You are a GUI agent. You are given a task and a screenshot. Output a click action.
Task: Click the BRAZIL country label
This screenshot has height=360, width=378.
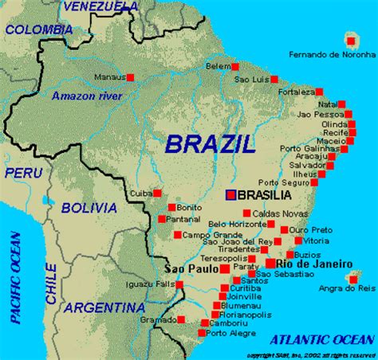coord(211,143)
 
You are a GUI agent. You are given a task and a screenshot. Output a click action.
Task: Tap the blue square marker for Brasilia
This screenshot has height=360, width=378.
coord(230,194)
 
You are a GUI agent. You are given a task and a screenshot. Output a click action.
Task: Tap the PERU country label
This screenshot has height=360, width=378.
coord(22,172)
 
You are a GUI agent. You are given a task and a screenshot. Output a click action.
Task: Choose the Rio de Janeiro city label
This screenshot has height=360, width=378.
coord(314,264)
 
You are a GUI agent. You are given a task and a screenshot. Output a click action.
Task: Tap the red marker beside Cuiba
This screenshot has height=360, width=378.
coord(157,193)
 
